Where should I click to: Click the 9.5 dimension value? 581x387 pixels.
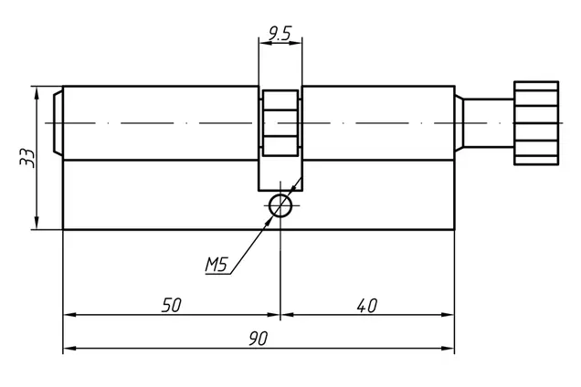(x=280, y=34)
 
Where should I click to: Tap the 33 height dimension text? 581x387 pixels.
(x=27, y=158)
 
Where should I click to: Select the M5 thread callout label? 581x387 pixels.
(x=216, y=265)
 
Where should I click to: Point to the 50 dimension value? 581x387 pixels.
(x=172, y=306)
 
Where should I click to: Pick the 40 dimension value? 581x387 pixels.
(x=367, y=306)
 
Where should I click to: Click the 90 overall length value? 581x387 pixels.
(x=258, y=339)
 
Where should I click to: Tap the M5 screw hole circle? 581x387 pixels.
(x=280, y=205)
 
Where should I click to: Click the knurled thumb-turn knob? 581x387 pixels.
(x=536, y=123)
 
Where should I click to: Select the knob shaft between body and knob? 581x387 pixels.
(x=489, y=123)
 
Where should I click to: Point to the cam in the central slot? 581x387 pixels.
(x=280, y=123)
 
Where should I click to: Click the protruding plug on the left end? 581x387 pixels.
(x=58, y=123)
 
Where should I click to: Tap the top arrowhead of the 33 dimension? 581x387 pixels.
(x=37, y=92)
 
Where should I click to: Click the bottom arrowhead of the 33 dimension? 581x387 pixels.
(x=37, y=224)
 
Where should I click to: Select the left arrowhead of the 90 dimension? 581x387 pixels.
(x=69, y=349)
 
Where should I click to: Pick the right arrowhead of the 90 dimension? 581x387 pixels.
(x=448, y=349)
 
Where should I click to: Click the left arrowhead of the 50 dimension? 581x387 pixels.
(x=69, y=315)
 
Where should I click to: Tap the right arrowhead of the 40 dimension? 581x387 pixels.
(x=448, y=315)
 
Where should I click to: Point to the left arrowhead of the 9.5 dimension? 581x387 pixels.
(x=265, y=43)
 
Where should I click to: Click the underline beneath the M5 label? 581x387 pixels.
(x=217, y=274)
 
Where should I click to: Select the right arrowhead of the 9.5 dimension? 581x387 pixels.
(x=296, y=43)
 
